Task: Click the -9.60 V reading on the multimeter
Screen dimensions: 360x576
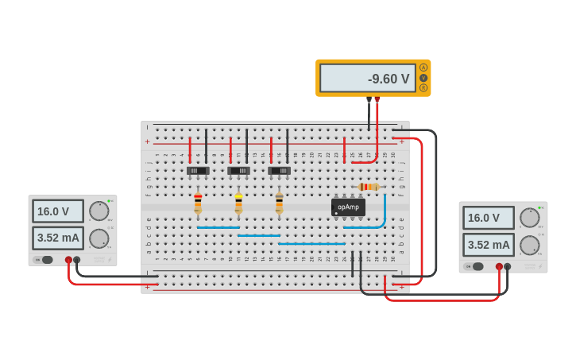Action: click(368, 79)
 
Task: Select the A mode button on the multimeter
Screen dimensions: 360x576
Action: click(423, 68)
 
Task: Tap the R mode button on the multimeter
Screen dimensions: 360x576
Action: click(423, 87)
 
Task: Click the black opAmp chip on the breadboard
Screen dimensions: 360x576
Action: click(348, 207)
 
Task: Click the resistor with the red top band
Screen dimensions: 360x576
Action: click(198, 203)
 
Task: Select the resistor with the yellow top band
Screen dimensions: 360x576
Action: click(238, 203)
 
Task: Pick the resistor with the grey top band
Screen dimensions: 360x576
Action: click(279, 203)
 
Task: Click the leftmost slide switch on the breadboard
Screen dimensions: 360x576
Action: click(198, 171)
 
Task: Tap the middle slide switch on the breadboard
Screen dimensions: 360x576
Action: click(238, 171)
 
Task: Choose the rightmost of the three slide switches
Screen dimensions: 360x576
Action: click(279, 171)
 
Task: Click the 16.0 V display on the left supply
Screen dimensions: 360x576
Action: click(57, 211)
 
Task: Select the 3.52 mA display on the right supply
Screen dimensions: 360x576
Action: click(488, 245)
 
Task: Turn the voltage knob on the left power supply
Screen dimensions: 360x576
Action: click(99, 211)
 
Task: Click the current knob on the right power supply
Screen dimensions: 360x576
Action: click(529, 245)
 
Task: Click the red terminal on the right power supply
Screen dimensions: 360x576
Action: click(499, 267)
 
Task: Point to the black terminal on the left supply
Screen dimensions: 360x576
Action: click(77, 260)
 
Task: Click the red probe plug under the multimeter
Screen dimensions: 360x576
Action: click(377, 99)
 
